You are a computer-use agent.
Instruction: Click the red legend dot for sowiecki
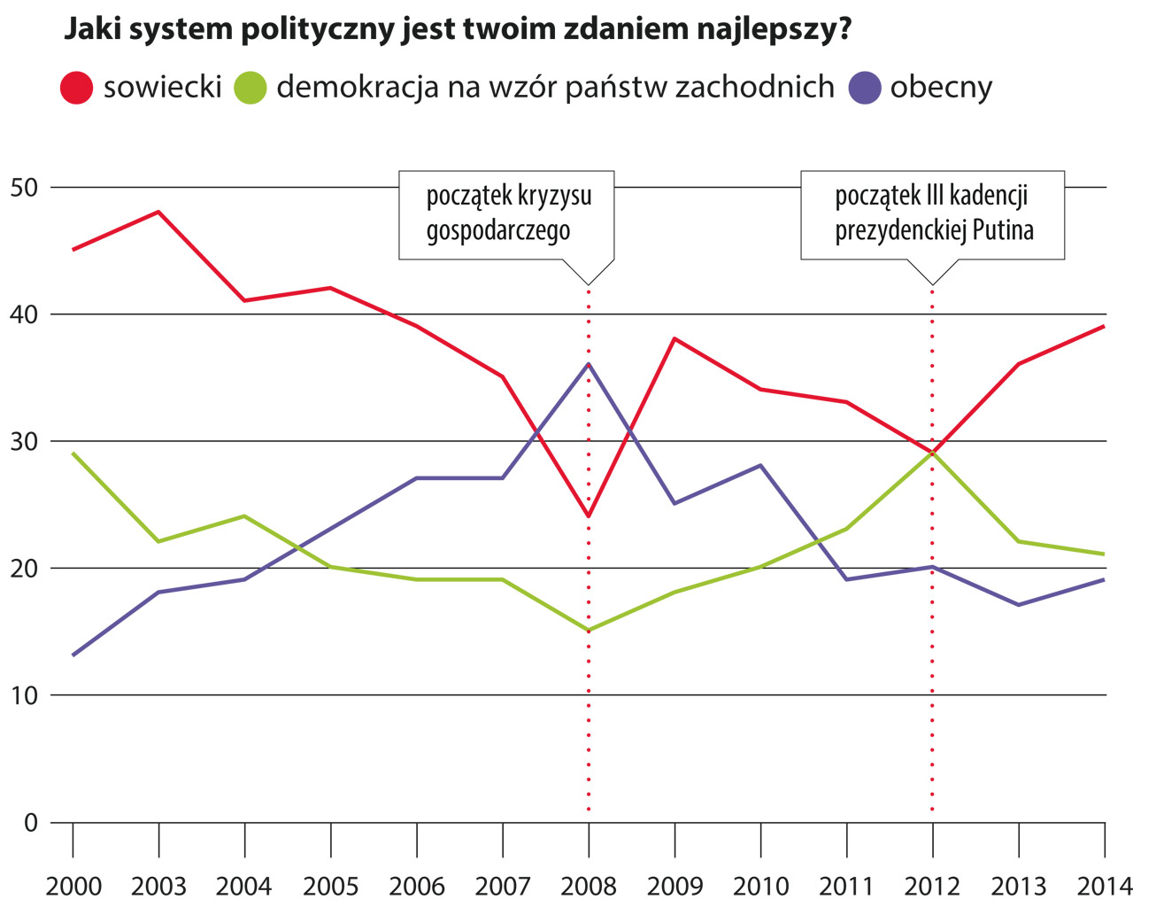pos(76,88)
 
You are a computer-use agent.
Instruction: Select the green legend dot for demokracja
pos(250,88)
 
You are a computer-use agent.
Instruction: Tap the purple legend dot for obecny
pos(865,88)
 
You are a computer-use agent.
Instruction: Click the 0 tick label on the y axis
pos(32,823)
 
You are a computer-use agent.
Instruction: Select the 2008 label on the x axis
pos(589,886)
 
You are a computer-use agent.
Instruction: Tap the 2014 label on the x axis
pos(1104,886)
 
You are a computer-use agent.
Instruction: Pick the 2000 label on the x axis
pos(73,886)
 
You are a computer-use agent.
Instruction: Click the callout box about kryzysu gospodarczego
pos(507,214)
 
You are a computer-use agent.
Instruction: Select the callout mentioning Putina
pos(933,214)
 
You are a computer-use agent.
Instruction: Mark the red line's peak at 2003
pos(158,212)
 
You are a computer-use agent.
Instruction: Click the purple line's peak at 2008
pos(589,364)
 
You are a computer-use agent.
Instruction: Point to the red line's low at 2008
pos(589,516)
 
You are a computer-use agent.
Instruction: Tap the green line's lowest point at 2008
pos(589,631)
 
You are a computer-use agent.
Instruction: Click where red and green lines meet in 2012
pos(932,453)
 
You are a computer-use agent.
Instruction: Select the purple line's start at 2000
pos(73,655)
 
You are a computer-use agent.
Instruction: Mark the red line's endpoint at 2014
pos(1104,326)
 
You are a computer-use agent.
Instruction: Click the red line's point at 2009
pos(674,338)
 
